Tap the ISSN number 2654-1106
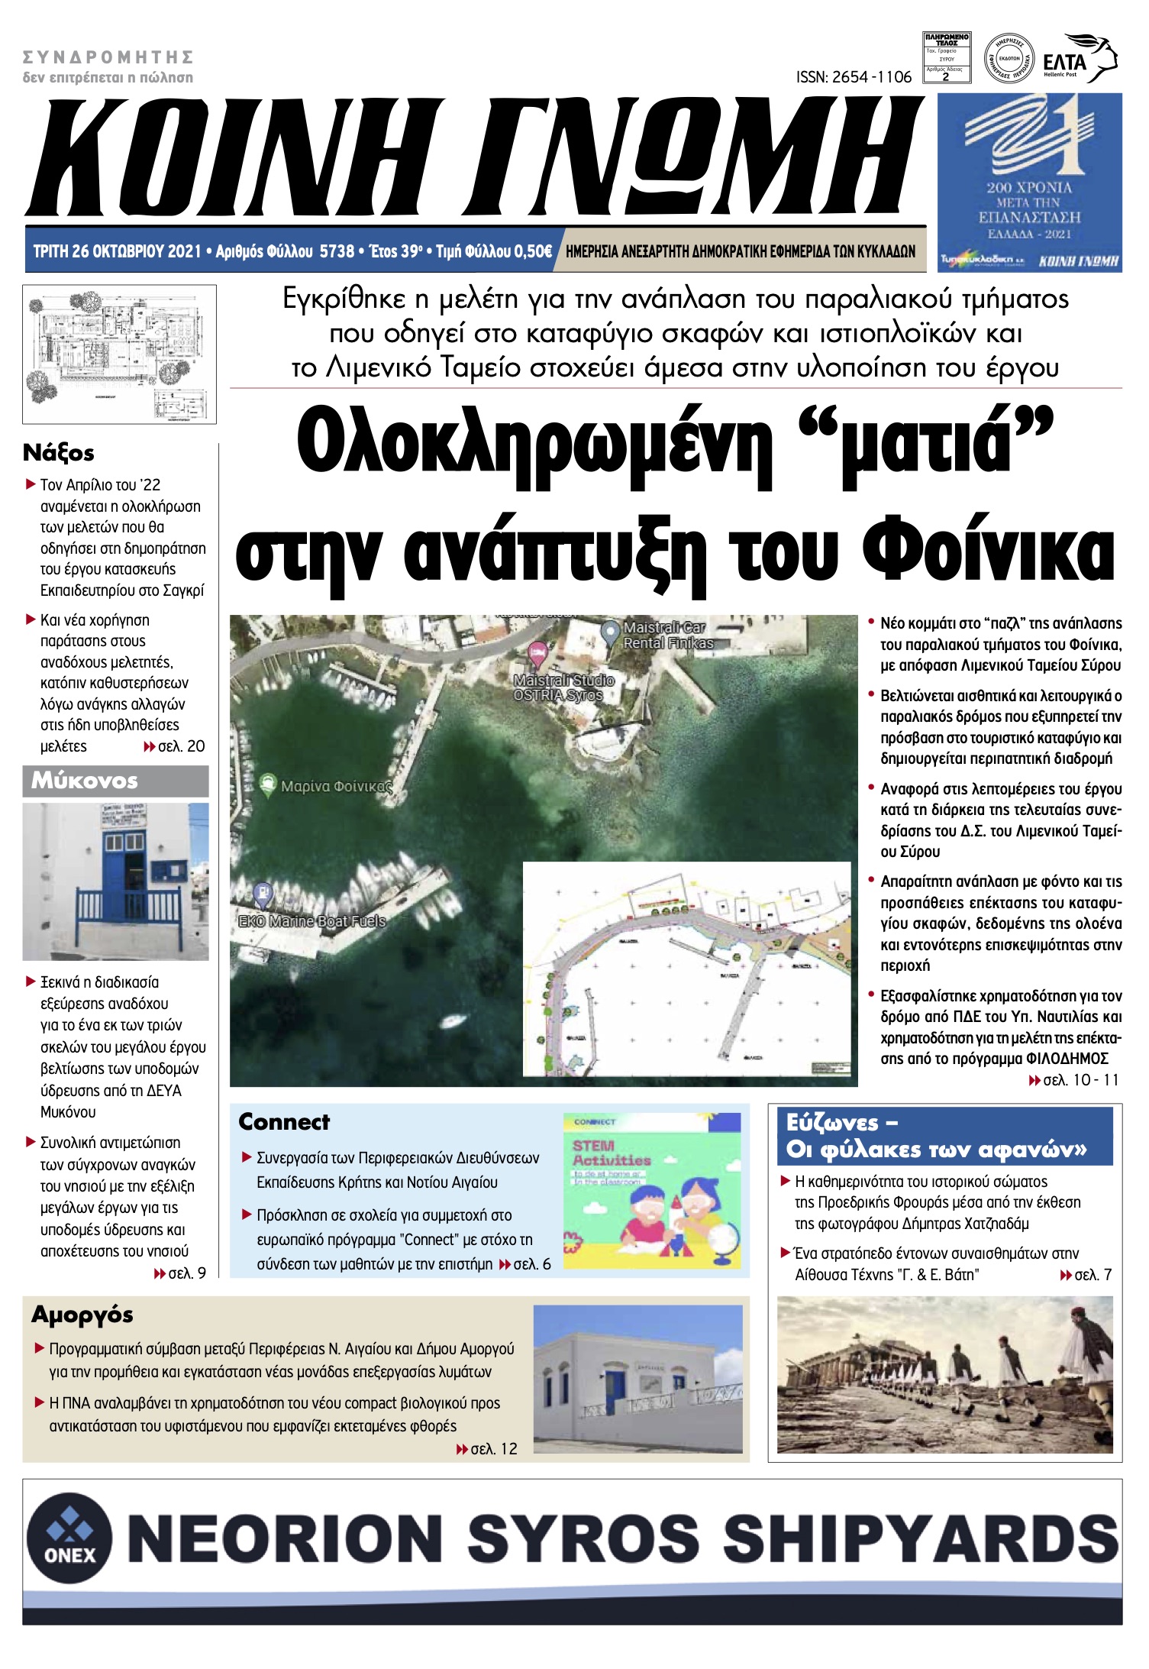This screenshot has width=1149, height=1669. pyautogui.click(x=854, y=77)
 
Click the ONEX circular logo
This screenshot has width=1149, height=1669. pyautogui.click(x=69, y=1538)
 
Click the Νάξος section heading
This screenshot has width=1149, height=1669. pyautogui.click(x=59, y=453)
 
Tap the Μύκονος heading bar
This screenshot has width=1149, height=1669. pyautogui.click(x=115, y=781)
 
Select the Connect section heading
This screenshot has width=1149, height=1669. pyautogui.click(x=284, y=1122)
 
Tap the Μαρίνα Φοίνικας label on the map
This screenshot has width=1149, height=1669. pyautogui.click(x=335, y=786)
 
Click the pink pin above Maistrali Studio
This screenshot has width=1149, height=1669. pyautogui.click(x=537, y=652)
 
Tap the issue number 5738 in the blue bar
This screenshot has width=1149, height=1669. pyautogui.click(x=337, y=251)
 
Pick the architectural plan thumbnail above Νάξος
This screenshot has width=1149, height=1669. pyautogui.click(x=119, y=354)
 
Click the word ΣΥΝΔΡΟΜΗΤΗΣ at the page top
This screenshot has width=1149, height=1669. pyautogui.click(x=108, y=57)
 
